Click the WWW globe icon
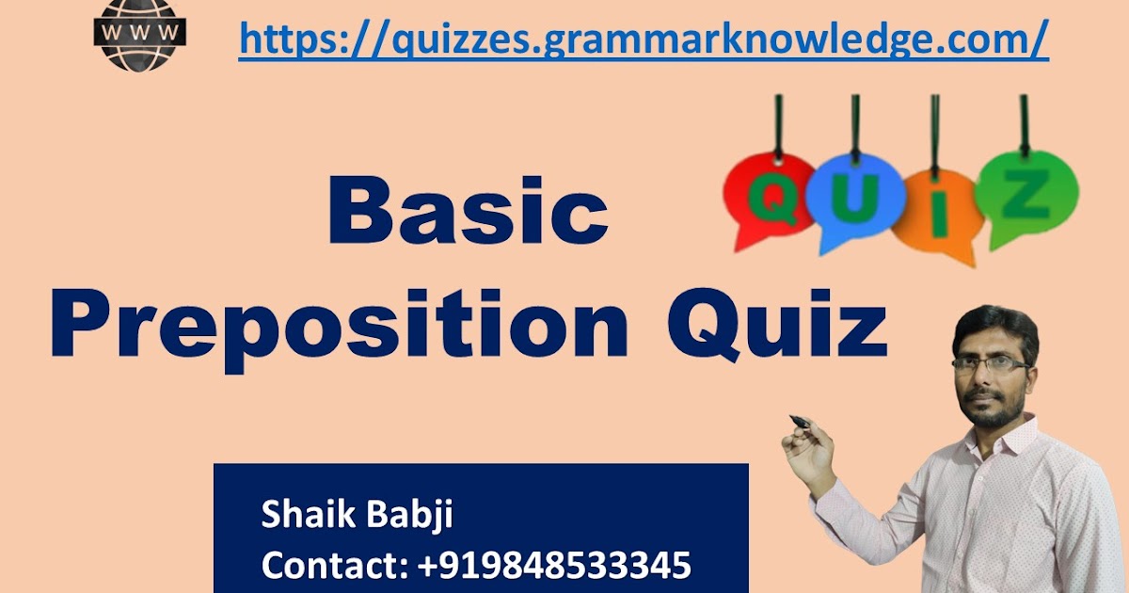[141, 35]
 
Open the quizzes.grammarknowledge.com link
[644, 39]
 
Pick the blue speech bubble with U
[854, 202]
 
